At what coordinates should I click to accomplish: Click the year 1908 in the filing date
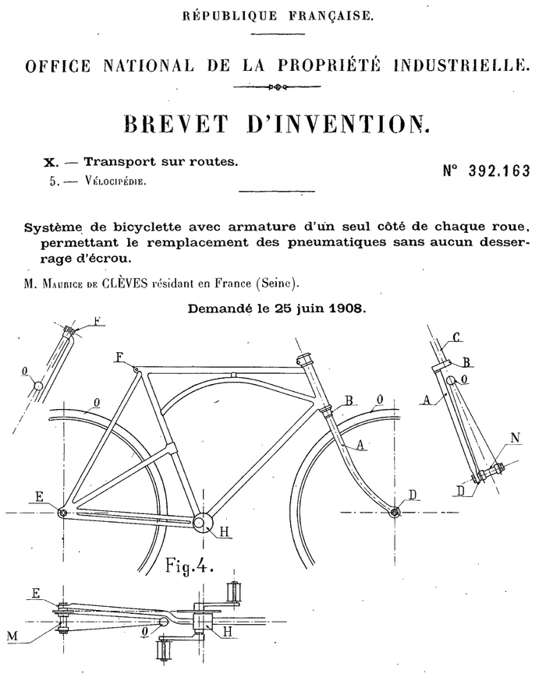coord(346,308)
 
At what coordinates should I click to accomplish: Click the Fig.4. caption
coord(190,563)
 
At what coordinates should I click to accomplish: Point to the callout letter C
coord(456,337)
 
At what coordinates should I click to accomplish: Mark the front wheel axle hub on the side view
coord(395,512)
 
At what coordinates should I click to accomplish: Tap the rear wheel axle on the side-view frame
coord(62,513)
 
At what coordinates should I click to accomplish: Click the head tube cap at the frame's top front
coord(304,361)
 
